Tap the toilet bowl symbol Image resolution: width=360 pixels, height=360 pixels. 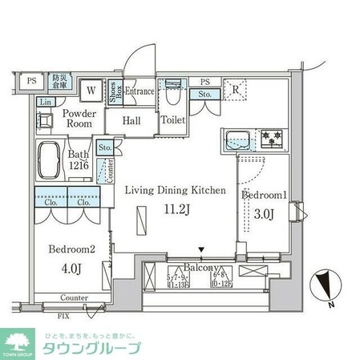[172, 95]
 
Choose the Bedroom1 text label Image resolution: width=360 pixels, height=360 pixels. [265, 195]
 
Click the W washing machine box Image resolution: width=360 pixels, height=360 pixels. [91, 91]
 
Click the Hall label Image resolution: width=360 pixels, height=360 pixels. [133, 120]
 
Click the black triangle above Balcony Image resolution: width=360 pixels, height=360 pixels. [201, 251]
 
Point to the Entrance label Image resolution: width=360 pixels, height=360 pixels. [139, 91]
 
